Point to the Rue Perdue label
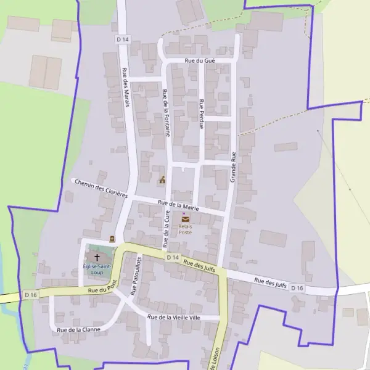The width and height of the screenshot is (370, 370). coord(201,113)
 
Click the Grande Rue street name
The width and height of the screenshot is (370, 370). coord(233,166)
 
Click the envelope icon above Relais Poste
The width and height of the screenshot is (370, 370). coord(186,219)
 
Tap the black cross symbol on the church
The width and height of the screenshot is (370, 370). coord(97,256)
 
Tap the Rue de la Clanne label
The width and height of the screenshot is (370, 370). coord(78,330)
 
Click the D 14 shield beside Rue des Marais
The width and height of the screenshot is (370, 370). coord(122,39)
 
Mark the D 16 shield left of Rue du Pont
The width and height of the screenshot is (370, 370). coord(31,296)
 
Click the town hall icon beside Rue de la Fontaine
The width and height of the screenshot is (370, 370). coord(162,180)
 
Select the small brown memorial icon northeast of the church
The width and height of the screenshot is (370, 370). coord(112,239)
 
